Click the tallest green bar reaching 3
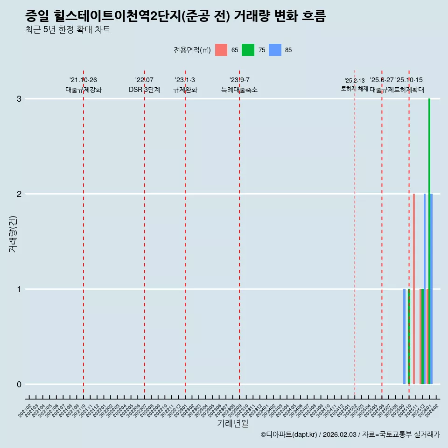tap(429, 241)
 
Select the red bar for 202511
tap(414, 289)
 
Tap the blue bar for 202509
tap(405, 336)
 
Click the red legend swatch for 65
tap(221, 50)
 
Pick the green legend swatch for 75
tap(248, 50)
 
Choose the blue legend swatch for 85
tap(275, 50)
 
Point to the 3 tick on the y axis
tap(19, 99)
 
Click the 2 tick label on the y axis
tap(19, 194)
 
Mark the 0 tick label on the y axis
tap(19, 385)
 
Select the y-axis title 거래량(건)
tap(13, 233)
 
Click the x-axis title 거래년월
tap(232, 423)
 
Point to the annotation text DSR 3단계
tap(145, 90)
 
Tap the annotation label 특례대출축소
tap(239, 90)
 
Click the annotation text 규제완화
tap(185, 90)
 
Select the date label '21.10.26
tap(83, 80)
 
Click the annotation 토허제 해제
tap(355, 88)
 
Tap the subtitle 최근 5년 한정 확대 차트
tap(68, 30)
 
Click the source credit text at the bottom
tap(350, 435)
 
